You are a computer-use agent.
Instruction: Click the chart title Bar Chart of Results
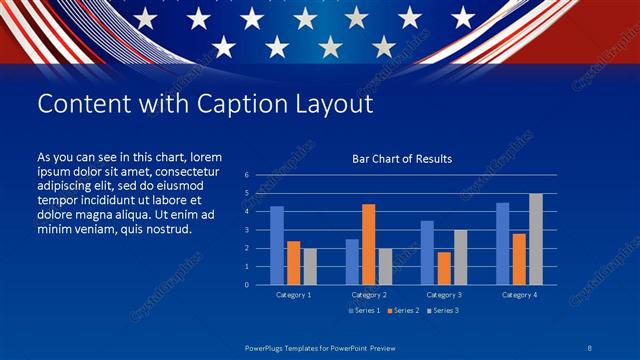pyautogui.click(x=402, y=159)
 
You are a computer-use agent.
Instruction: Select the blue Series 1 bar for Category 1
pyautogui.click(x=277, y=245)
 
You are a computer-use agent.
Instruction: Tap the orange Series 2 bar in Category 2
pyautogui.click(x=368, y=244)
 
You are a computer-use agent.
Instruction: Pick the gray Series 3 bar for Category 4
pyautogui.click(x=536, y=239)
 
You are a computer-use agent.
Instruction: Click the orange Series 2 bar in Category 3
pyautogui.click(x=444, y=268)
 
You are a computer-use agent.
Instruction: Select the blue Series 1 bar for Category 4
pyautogui.click(x=502, y=243)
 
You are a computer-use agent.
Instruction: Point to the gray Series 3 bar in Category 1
pyautogui.click(x=310, y=266)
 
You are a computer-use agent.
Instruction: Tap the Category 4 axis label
pyautogui.click(x=519, y=295)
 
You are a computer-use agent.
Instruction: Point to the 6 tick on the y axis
pyautogui.click(x=246, y=175)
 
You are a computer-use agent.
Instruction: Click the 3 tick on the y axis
pyautogui.click(x=246, y=230)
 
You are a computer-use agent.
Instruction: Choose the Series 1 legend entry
pyautogui.click(x=364, y=311)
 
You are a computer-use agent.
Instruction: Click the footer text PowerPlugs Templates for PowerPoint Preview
pyautogui.click(x=320, y=348)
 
